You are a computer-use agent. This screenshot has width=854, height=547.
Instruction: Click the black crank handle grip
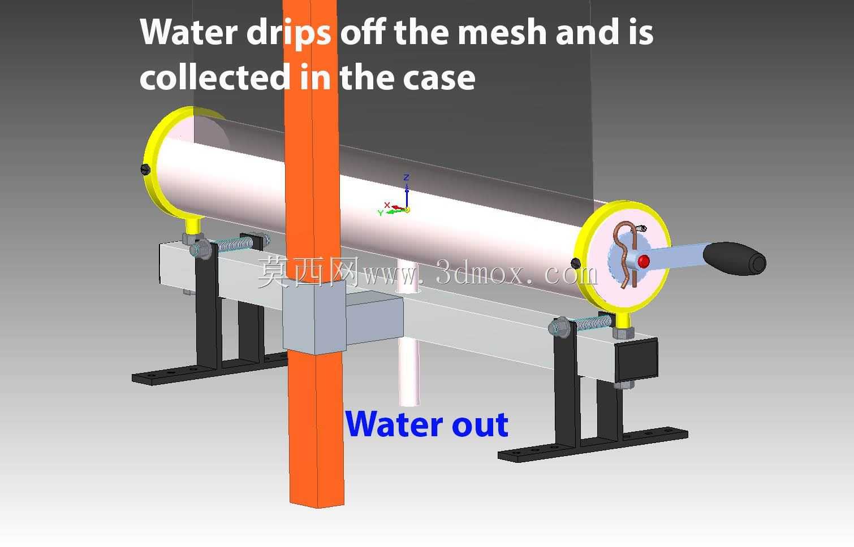coord(734,258)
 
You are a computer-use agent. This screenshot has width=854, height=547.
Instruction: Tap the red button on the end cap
coord(644,261)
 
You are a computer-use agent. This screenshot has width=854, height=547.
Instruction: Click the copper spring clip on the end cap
coord(626,253)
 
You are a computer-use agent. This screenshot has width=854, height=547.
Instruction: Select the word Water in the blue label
coord(394,424)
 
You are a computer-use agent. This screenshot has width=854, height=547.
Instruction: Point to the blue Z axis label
coord(407,177)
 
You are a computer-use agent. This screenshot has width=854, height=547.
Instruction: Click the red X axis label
coord(387,205)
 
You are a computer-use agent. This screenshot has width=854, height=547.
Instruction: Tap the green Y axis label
coord(381,213)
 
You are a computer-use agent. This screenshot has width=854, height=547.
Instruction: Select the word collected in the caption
coord(215,77)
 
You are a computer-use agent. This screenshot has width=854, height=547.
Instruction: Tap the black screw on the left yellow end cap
coord(146,169)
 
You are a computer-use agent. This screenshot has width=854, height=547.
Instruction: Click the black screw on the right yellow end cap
coord(576,263)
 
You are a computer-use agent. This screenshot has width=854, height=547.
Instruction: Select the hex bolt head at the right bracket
coord(559,327)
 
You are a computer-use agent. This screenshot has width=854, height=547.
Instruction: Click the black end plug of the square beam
coord(636,359)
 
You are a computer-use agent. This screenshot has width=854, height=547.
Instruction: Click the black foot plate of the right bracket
coord(593,445)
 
